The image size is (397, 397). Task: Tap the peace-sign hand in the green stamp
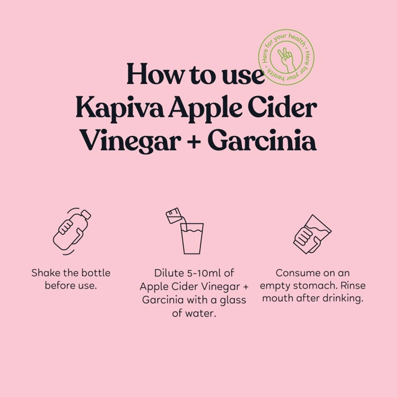[x=286, y=60]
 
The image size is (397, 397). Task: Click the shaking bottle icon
[x=72, y=231]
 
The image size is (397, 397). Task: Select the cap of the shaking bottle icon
[x=86, y=214]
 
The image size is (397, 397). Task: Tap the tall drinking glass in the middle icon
[x=192, y=238]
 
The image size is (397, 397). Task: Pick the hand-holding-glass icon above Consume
[x=312, y=234]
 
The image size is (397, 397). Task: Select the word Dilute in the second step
[x=169, y=273]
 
